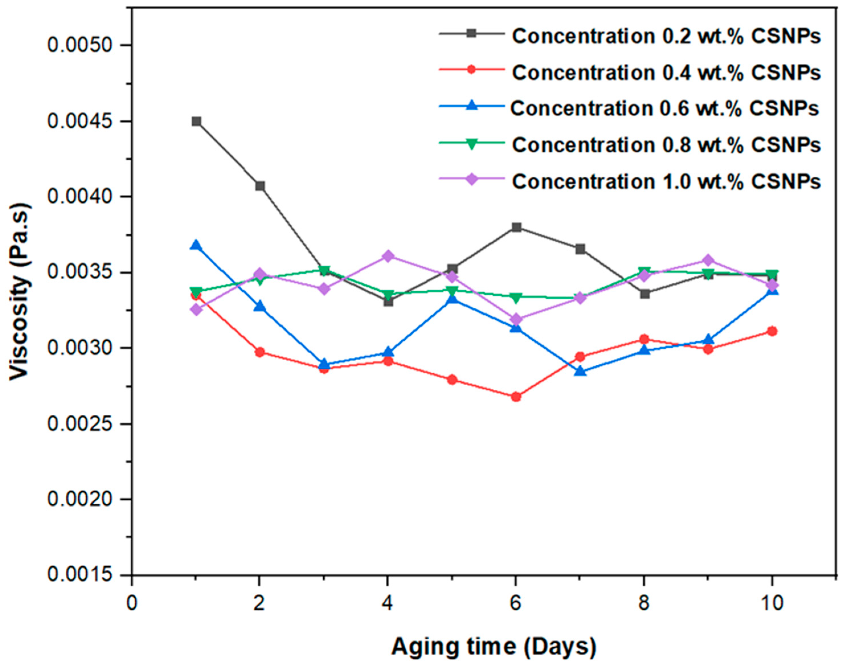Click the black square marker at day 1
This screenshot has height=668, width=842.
pos(196,121)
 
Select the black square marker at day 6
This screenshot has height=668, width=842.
pos(516,227)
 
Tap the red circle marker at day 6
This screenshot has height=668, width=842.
pos(516,397)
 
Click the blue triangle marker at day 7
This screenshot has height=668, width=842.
pos(580,371)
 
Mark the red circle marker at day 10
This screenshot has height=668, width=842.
pos(772,331)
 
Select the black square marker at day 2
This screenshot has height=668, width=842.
pos(260,186)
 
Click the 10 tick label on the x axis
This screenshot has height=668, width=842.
pos(772,604)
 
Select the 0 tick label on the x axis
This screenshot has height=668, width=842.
pos(132,604)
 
